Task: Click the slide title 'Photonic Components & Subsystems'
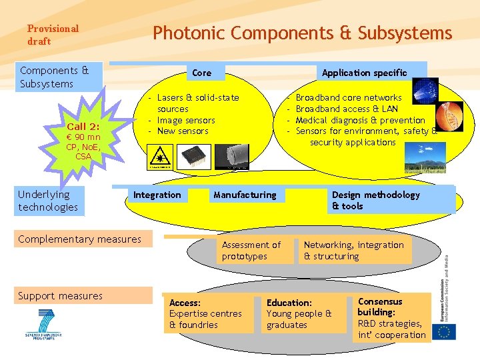coord(302,33)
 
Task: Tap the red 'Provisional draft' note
coord(53,35)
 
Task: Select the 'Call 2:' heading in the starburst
coord(83,127)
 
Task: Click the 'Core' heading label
coord(201,73)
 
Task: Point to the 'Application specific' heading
coord(364,73)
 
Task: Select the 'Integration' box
coord(157,195)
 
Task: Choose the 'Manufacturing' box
coord(245,195)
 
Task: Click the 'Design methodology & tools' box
coord(376,200)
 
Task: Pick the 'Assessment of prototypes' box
coord(251,251)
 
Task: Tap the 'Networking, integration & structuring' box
coord(354,251)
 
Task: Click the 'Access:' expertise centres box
coord(206,314)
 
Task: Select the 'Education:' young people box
coord(299,314)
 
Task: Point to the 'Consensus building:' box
coord(391,318)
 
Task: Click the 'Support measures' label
coord(61,296)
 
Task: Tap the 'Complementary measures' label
coord(80,239)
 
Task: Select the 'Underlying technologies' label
coord(48,201)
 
